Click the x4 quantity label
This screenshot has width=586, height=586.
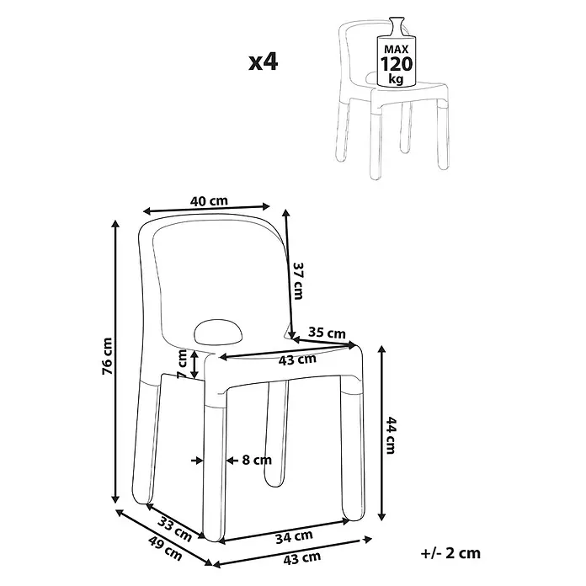click(264, 62)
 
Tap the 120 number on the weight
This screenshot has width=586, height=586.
click(397, 64)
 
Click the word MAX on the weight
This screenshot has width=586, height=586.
click(397, 50)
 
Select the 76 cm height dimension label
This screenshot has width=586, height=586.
click(107, 356)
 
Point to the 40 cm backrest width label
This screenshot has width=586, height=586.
click(209, 201)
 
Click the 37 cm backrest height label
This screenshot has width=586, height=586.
click(298, 280)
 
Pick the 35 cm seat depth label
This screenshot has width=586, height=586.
click(327, 333)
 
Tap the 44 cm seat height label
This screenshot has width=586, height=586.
click(390, 435)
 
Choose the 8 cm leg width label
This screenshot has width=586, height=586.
click(257, 460)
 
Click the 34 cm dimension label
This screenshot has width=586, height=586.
click(294, 537)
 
